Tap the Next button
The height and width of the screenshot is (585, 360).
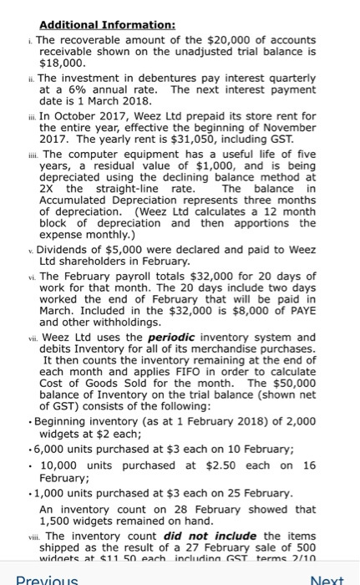click(x=328, y=578)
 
